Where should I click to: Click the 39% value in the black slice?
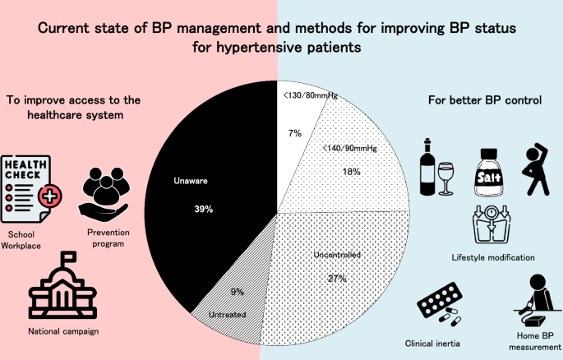point(204,210)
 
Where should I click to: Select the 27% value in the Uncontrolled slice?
point(337,279)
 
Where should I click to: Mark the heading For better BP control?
point(484,100)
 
